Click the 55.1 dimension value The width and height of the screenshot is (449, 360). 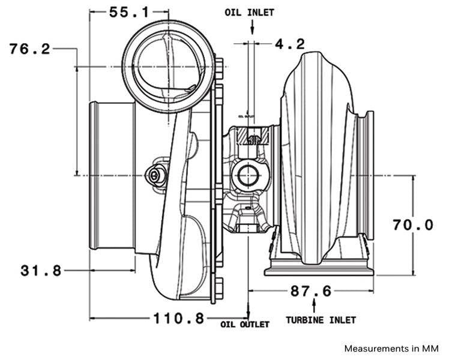[129, 11]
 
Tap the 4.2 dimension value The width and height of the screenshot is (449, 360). [289, 44]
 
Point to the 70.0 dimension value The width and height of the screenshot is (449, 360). [412, 225]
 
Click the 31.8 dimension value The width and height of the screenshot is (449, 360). [41, 271]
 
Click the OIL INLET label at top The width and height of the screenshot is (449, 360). [250, 12]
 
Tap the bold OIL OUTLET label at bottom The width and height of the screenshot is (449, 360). [245, 325]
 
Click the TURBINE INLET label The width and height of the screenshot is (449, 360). [321, 320]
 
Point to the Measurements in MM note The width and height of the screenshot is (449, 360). [391, 348]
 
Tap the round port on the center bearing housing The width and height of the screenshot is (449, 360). [247, 176]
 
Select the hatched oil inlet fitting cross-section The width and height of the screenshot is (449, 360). [252, 137]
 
